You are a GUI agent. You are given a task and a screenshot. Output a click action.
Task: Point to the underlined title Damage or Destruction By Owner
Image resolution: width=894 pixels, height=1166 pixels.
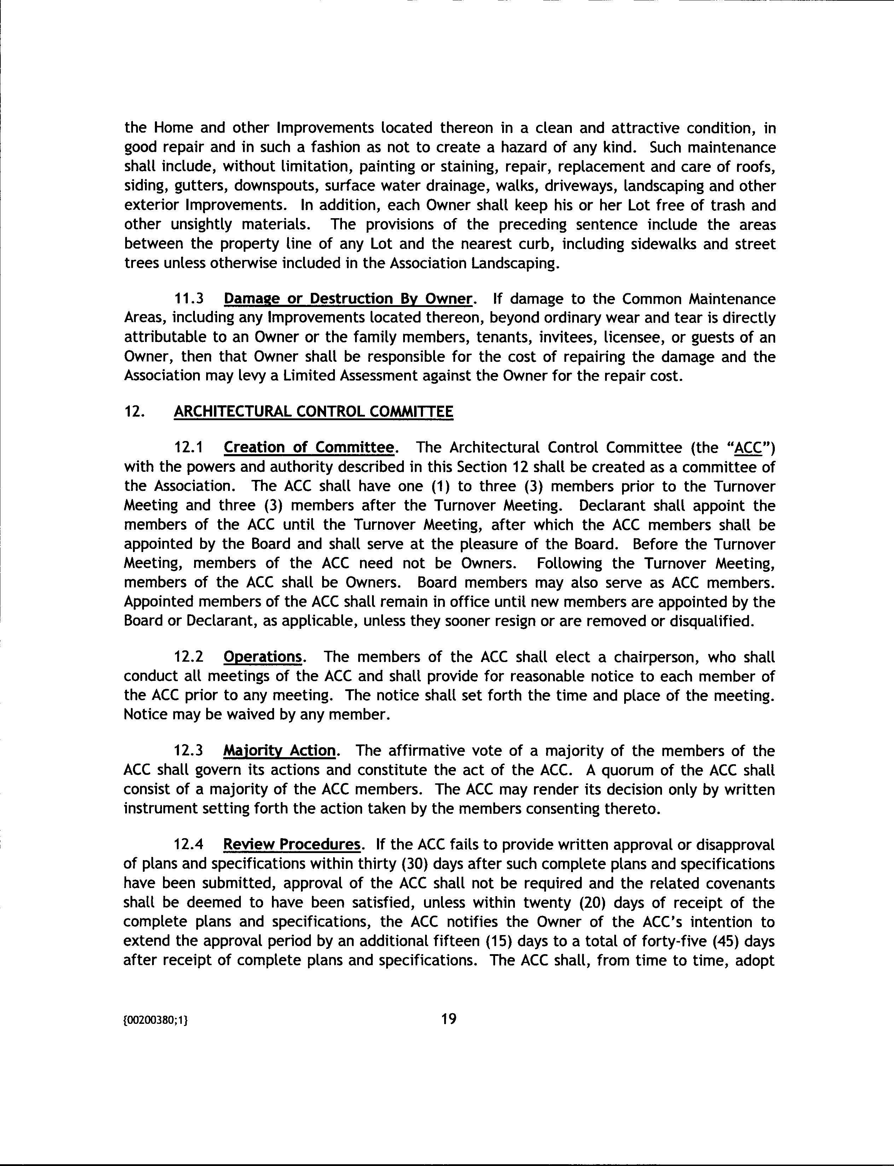pyautogui.click(x=348, y=298)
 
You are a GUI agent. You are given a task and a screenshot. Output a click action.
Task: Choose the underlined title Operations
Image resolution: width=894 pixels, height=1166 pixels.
pyautogui.click(x=263, y=657)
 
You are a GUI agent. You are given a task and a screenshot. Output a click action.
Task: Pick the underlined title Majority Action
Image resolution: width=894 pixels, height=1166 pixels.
pyautogui.click(x=279, y=751)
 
